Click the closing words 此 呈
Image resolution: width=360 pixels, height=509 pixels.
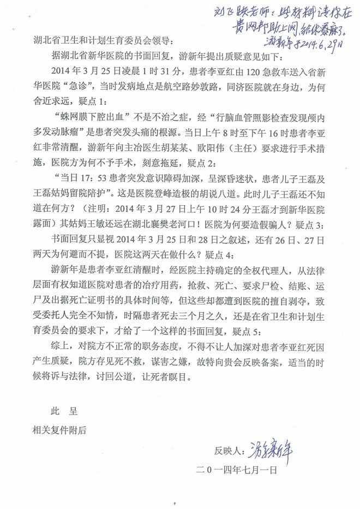coord(63,413)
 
